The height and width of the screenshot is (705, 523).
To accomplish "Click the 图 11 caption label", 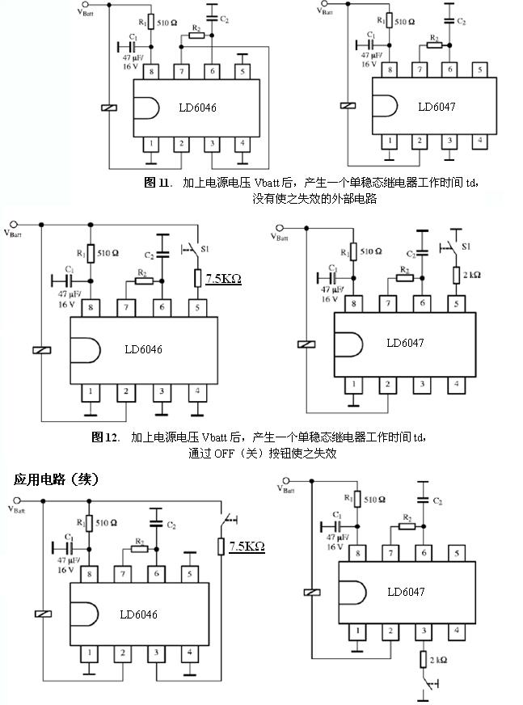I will click(156, 183).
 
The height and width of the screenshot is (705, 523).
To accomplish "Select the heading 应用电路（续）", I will click(56, 479).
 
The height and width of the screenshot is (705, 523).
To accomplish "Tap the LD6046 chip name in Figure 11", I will click(197, 108).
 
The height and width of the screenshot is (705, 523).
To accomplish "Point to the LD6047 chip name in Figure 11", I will click(437, 107).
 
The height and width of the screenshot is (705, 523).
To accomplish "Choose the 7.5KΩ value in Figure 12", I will click(224, 279).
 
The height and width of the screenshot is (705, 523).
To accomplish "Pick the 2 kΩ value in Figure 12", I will click(472, 275).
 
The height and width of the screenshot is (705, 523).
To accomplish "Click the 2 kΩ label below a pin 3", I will click(438, 661).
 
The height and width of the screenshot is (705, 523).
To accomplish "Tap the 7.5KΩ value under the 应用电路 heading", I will click(247, 547).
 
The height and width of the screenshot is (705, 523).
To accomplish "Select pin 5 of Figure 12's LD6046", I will click(195, 306).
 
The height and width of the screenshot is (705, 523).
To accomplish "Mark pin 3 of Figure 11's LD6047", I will click(449, 141).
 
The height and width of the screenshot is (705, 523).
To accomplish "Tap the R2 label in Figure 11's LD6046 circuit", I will click(194, 28).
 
